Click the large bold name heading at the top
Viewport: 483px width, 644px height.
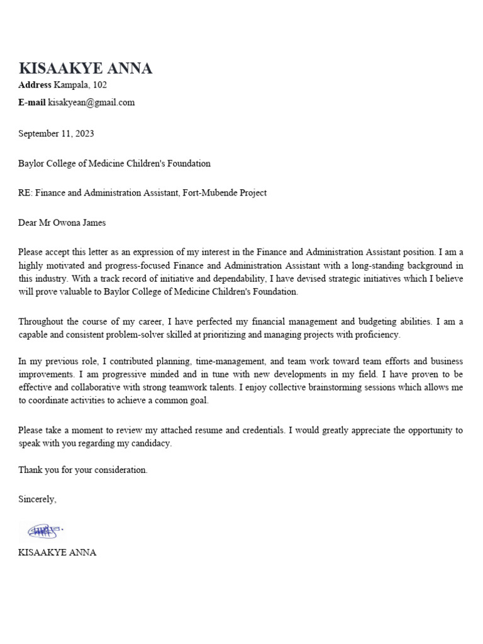pyautogui.click(x=85, y=69)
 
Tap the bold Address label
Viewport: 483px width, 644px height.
pyautogui.click(x=35, y=85)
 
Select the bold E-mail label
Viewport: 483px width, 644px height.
pyautogui.click(x=32, y=103)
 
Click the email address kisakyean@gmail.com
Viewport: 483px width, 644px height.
pyautogui.click(x=91, y=103)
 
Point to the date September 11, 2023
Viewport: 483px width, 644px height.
pyautogui.click(x=56, y=133)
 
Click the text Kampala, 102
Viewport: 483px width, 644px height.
pyautogui.click(x=76, y=85)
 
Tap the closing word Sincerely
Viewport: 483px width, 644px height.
pyautogui.click(x=37, y=499)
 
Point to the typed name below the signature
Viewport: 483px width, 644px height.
pyautogui.click(x=57, y=553)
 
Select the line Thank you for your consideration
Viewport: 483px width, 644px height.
pyautogui.click(x=83, y=470)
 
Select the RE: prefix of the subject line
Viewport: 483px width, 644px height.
pyautogui.click(x=25, y=193)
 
